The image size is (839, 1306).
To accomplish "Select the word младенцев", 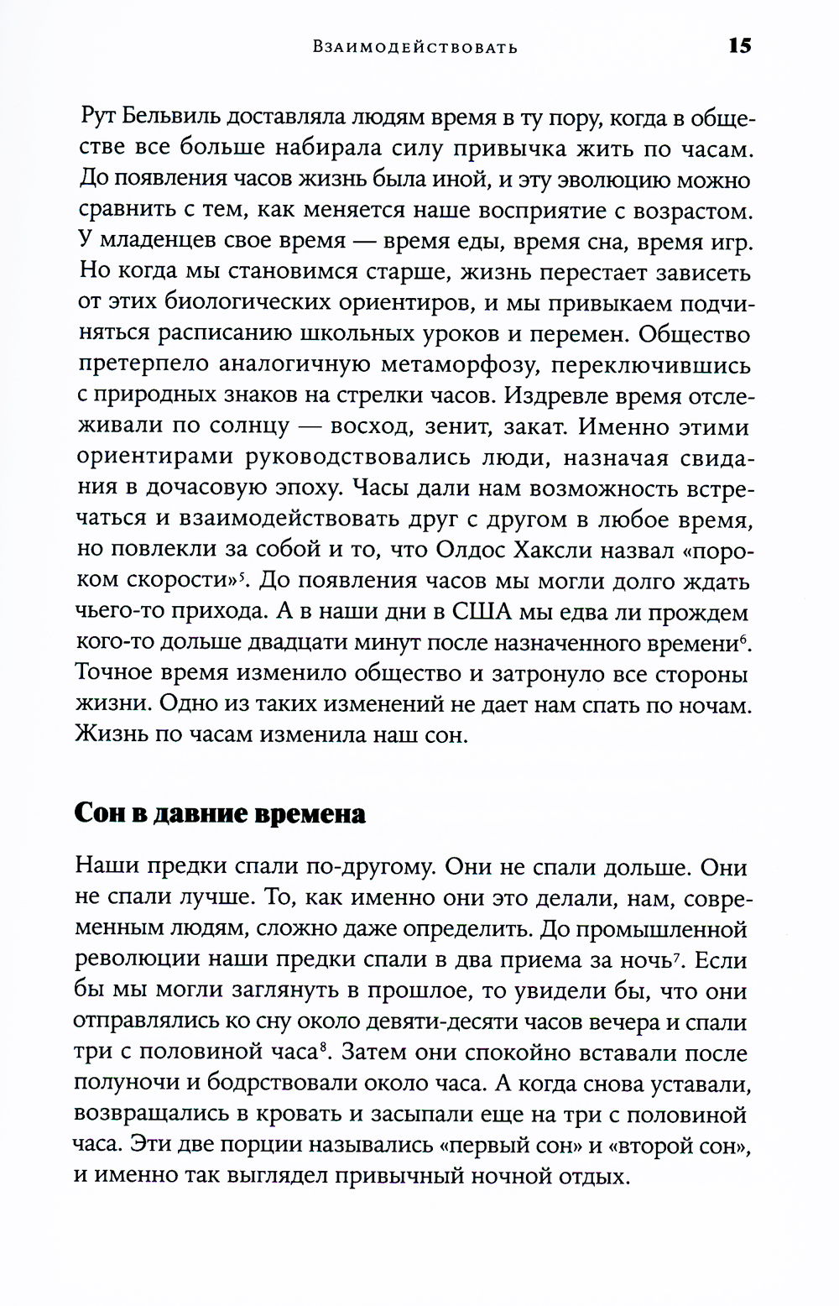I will point(159,242).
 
